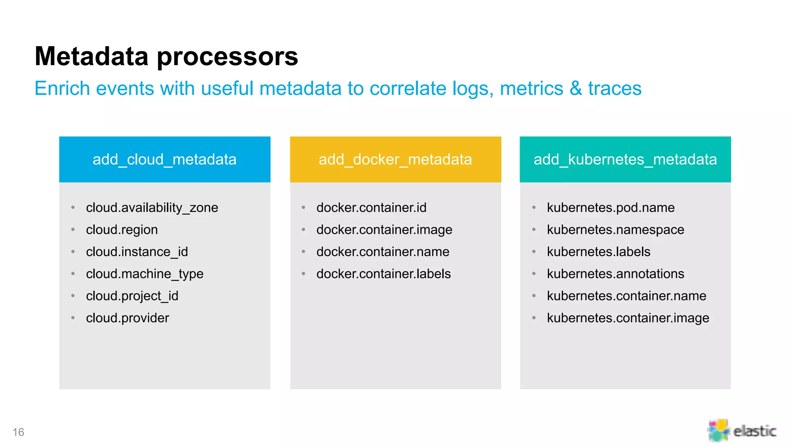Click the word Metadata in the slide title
tap(91, 57)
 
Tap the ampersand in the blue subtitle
tap(575, 88)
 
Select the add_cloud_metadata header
tap(164, 159)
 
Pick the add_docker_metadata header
tap(395, 159)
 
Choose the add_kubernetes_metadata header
tap(625, 159)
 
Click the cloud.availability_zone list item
tap(152, 208)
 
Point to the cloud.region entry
tap(122, 230)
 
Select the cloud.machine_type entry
tap(145, 274)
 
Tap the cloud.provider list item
tap(128, 318)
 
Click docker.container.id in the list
tap(371, 208)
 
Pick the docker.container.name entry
tap(383, 252)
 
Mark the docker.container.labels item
tap(383, 274)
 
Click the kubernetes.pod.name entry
tap(611, 208)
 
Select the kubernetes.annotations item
tap(615, 274)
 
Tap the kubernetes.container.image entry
tap(628, 318)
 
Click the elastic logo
tap(741, 430)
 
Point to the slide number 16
tap(18, 432)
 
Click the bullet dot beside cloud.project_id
tap(73, 296)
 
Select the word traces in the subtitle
tap(614, 88)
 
